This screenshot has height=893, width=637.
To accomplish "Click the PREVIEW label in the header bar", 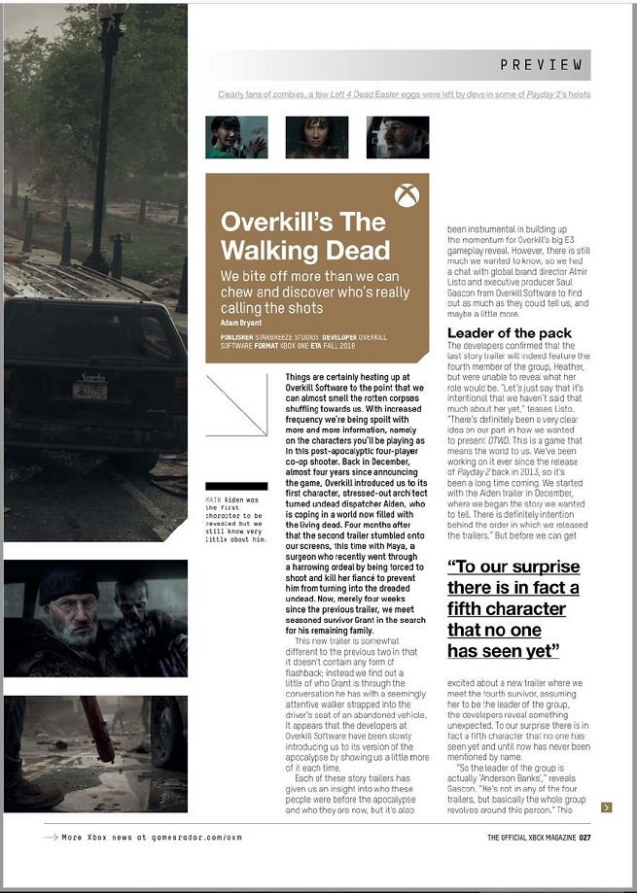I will tap(541, 65).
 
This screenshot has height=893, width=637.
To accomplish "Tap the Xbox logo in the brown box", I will tap(407, 195).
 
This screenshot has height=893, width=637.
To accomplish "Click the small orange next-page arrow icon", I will tap(607, 807).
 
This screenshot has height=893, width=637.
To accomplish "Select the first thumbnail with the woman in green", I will tap(236, 137).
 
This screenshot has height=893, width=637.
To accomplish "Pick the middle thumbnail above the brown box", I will tap(317, 137).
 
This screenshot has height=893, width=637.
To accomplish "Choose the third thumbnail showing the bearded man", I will tap(397, 137).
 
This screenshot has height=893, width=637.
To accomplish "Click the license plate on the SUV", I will tap(90, 391).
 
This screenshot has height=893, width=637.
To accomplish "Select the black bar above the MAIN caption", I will tap(235, 486).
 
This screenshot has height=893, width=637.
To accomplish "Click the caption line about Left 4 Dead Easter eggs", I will tap(404, 94).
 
